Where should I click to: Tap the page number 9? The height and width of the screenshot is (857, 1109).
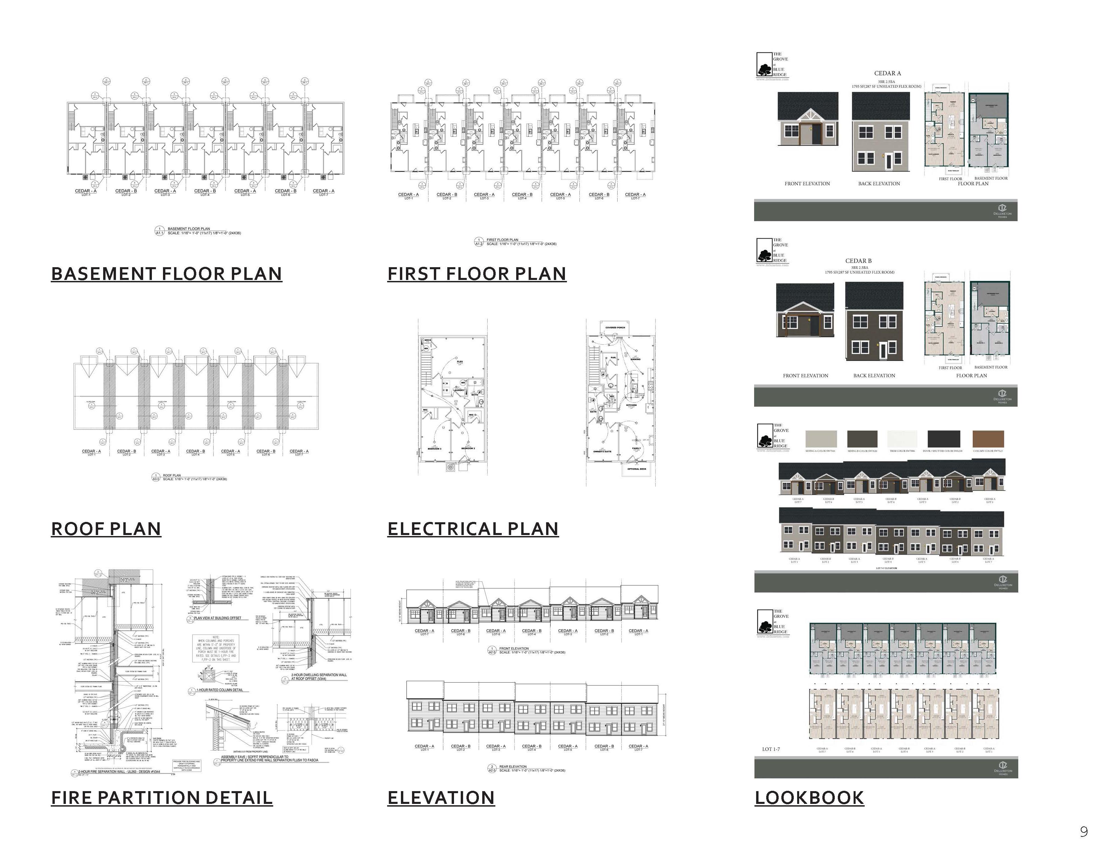(1083, 831)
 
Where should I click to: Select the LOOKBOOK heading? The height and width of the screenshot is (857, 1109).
(809, 798)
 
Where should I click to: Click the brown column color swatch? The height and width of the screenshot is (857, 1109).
(988, 439)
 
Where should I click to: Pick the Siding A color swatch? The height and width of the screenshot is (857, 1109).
(821, 439)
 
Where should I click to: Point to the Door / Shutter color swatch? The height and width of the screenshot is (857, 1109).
(943, 439)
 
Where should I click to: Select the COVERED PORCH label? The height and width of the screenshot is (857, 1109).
(615, 327)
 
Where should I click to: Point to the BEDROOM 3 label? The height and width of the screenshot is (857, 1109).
(435, 448)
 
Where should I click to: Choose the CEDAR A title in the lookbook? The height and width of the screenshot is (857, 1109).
(888, 74)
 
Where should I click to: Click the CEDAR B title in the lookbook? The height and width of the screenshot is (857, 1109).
(858, 261)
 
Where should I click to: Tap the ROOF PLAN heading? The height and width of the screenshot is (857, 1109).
(106, 529)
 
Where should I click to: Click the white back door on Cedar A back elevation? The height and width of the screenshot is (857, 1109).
(889, 161)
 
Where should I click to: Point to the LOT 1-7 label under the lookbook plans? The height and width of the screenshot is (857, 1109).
(771, 749)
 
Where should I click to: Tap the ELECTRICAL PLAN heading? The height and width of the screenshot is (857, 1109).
(473, 529)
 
